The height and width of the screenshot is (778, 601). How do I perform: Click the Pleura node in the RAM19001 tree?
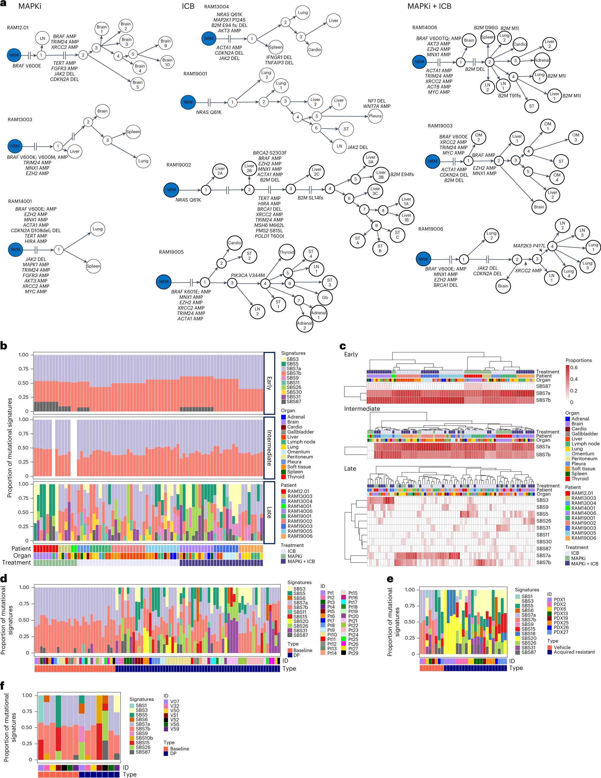[x=375, y=116]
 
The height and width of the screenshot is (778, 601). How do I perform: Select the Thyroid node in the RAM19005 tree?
[x=287, y=252]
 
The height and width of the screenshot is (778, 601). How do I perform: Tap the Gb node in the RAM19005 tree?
[x=325, y=298]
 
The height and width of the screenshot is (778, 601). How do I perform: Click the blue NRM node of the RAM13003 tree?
[x=15, y=146]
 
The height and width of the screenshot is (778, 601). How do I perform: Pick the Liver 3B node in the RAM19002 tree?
[x=381, y=175]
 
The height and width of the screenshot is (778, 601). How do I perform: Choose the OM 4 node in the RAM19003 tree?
[x=557, y=178]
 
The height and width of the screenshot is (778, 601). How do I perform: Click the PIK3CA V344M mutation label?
[x=248, y=275]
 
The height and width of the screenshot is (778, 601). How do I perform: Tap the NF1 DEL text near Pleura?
[x=377, y=101]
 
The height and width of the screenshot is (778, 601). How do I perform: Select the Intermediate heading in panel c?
[x=362, y=409]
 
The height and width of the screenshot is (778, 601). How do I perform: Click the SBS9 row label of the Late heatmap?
[x=542, y=507]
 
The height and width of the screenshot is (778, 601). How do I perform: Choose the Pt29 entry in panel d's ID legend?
[x=353, y=653]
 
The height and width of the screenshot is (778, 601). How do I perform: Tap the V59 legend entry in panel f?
[x=175, y=729]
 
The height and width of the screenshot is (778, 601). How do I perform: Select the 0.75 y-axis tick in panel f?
[x=27, y=711]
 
